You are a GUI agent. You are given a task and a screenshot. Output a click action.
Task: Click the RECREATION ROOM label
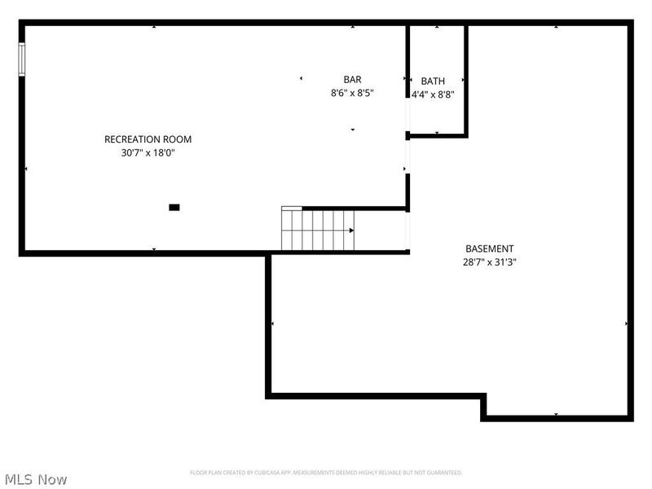(148, 139)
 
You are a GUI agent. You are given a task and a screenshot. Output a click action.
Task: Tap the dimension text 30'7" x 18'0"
(148, 152)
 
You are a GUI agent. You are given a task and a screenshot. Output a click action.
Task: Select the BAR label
(352, 79)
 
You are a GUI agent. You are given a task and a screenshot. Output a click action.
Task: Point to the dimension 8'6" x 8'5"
(352, 93)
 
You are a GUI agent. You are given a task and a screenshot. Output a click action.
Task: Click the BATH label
(433, 81)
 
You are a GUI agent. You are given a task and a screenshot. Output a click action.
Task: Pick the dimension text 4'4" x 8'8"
(433, 94)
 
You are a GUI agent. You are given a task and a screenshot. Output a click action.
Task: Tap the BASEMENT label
(489, 249)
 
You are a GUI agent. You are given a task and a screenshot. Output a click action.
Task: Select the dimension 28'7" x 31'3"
(489, 262)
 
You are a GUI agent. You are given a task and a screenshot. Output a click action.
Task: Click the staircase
(318, 230)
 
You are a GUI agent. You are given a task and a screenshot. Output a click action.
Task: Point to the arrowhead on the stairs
(351, 231)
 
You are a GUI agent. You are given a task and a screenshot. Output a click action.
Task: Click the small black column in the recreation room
(174, 208)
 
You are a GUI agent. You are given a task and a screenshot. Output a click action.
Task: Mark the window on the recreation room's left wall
(22, 59)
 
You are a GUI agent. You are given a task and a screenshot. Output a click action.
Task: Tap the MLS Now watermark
(36, 479)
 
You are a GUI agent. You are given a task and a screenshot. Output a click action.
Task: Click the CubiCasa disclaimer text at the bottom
(326, 473)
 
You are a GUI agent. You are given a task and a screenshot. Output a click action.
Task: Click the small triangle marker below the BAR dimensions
(352, 130)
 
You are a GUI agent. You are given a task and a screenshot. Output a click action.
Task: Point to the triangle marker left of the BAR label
(301, 79)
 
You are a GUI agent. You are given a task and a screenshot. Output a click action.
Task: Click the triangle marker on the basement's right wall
(626, 324)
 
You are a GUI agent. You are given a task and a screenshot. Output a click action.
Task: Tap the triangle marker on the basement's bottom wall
(556, 415)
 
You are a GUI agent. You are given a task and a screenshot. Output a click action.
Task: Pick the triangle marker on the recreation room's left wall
(26, 169)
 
